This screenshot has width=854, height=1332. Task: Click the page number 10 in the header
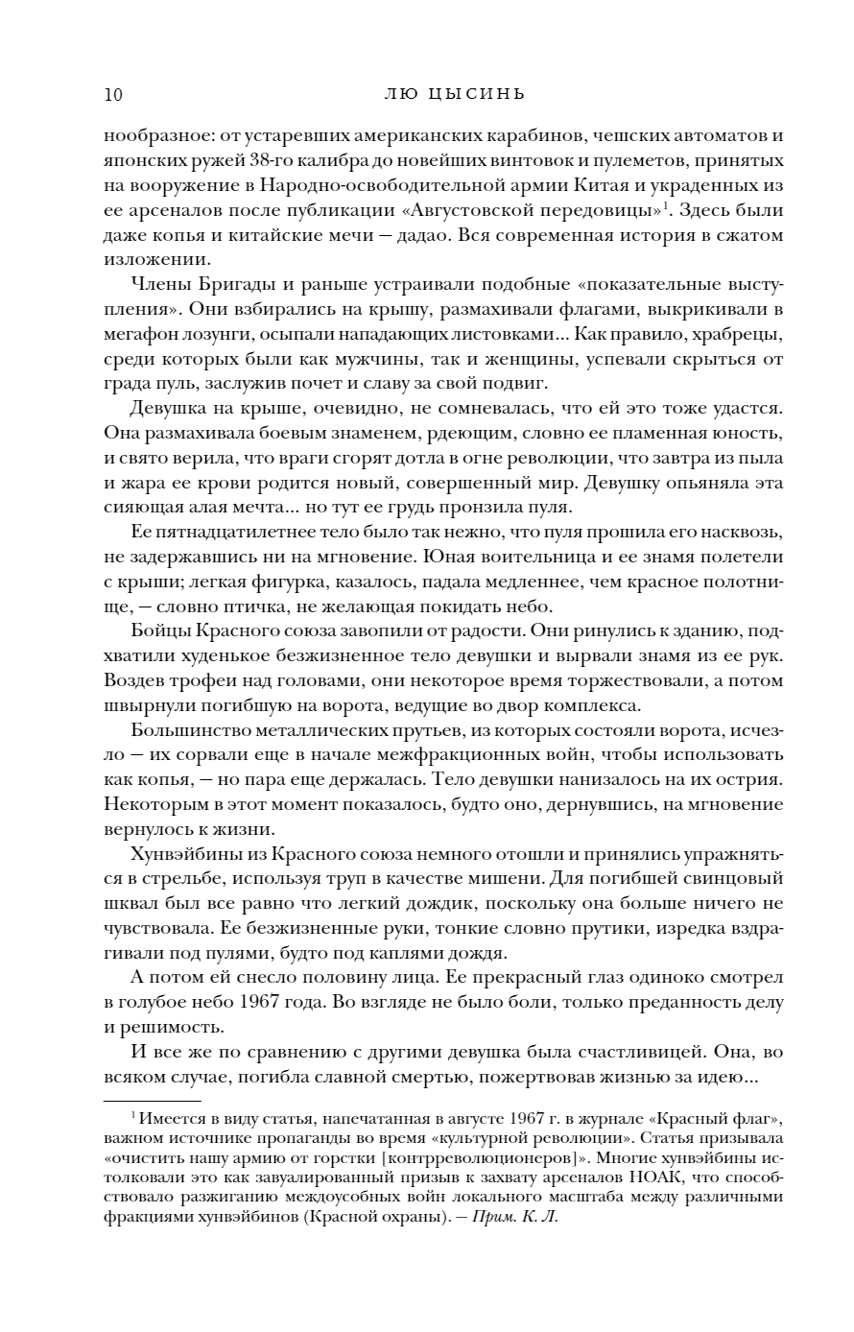click(x=111, y=94)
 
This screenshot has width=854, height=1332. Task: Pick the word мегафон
click(x=136, y=334)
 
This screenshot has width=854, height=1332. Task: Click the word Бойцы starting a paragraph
click(x=160, y=631)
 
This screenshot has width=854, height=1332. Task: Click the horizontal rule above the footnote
click(x=152, y=1101)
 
